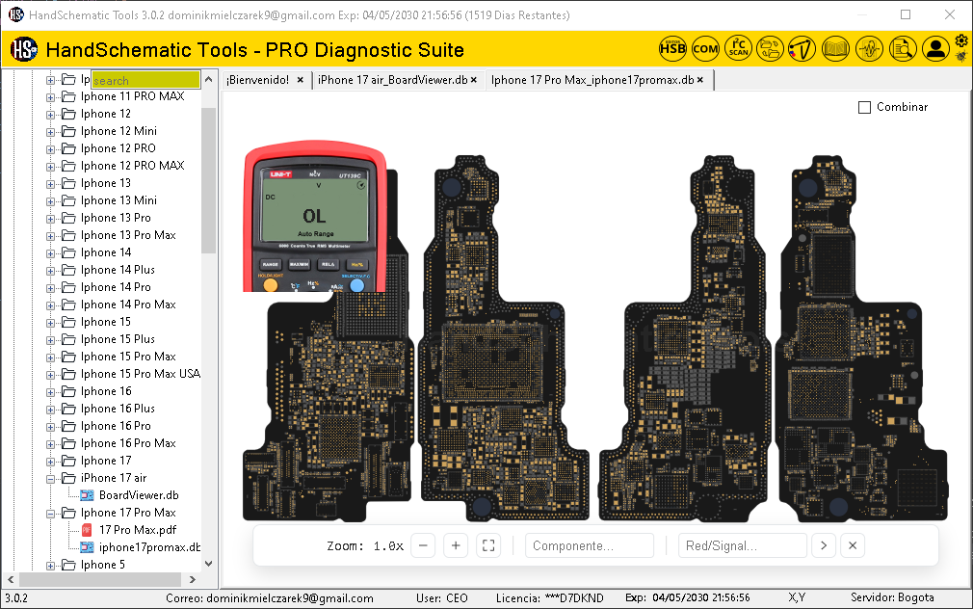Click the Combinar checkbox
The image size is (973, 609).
point(864,107)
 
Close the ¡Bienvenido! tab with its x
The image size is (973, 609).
point(301,80)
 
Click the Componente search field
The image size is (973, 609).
point(589,546)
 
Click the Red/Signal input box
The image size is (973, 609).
point(742,546)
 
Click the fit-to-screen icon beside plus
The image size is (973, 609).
point(488,546)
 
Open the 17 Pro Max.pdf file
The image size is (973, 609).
point(137,530)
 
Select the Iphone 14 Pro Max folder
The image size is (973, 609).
point(128,304)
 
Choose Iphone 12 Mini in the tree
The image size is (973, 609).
point(118,131)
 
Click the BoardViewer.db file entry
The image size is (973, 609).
point(139,495)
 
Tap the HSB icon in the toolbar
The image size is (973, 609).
point(672,49)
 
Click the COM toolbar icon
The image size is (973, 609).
point(705,49)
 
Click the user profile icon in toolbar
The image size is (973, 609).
point(934,49)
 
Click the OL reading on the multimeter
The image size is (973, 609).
point(314,216)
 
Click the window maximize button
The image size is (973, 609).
point(906,15)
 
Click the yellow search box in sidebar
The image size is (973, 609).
point(145,80)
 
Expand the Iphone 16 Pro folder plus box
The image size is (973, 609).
point(51,426)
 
